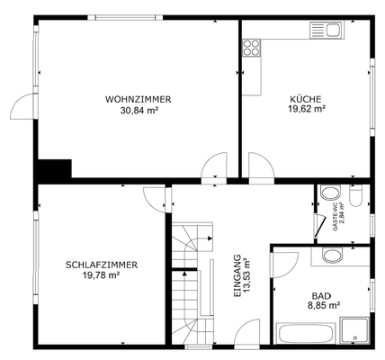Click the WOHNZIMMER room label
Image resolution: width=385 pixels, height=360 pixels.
tap(138, 99)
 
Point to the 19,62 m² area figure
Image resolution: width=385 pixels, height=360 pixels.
tap(306, 110)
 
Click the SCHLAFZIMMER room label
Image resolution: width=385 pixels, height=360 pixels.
tap(101, 265)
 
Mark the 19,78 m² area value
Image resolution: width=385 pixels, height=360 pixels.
tap(101, 275)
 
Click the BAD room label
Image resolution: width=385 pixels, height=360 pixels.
tap(320, 295)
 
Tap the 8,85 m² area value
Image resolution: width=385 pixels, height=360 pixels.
tap(320, 306)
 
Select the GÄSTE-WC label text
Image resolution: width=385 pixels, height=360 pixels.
tap(336, 217)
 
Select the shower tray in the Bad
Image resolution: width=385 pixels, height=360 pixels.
tap(354, 330)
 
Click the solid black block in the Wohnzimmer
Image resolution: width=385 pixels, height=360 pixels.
tap(55, 169)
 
